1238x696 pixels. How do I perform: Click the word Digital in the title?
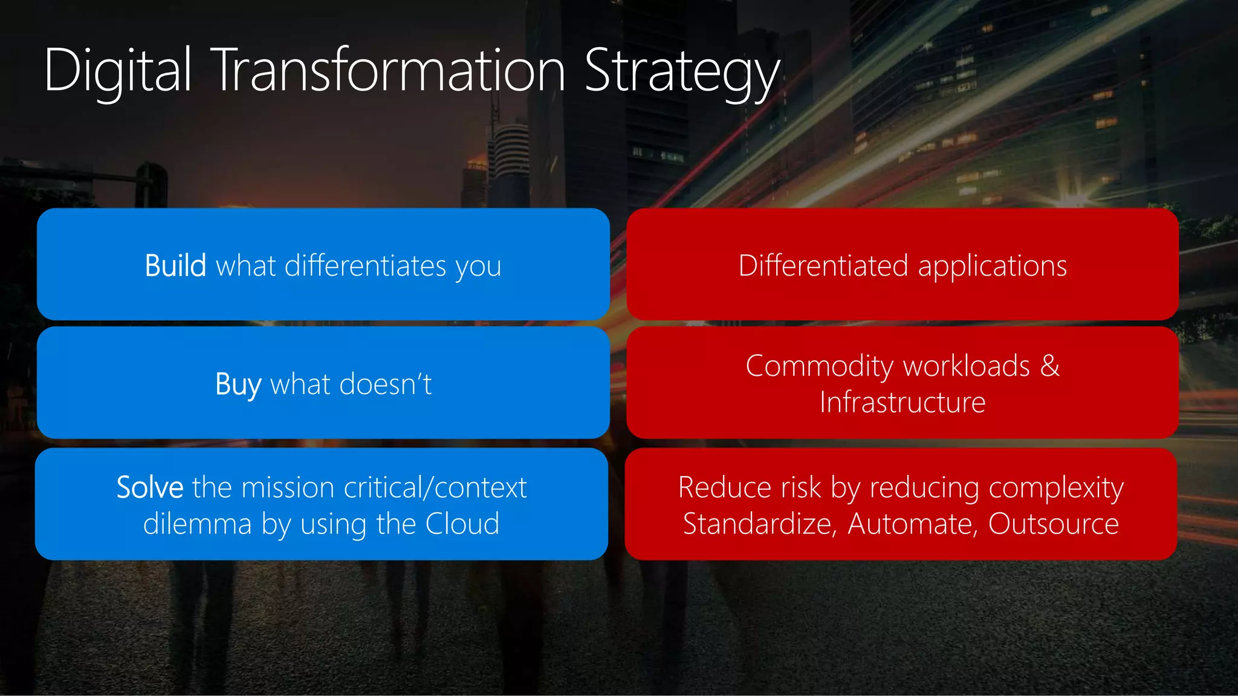(x=118, y=71)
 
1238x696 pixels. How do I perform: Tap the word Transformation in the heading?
(x=390, y=71)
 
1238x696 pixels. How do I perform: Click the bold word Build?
(x=175, y=266)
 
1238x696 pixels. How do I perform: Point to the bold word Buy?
(x=238, y=385)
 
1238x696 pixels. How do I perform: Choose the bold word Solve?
(x=150, y=488)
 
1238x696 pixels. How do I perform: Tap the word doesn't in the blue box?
(x=386, y=384)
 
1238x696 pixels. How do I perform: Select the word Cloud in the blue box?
(x=462, y=524)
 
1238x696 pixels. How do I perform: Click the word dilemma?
(x=197, y=524)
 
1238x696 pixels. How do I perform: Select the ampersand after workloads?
(x=1050, y=366)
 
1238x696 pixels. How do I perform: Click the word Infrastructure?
(x=903, y=402)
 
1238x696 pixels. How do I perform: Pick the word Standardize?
(x=759, y=524)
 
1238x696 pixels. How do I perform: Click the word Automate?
(x=912, y=524)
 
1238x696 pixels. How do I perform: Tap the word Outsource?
(x=1053, y=524)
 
